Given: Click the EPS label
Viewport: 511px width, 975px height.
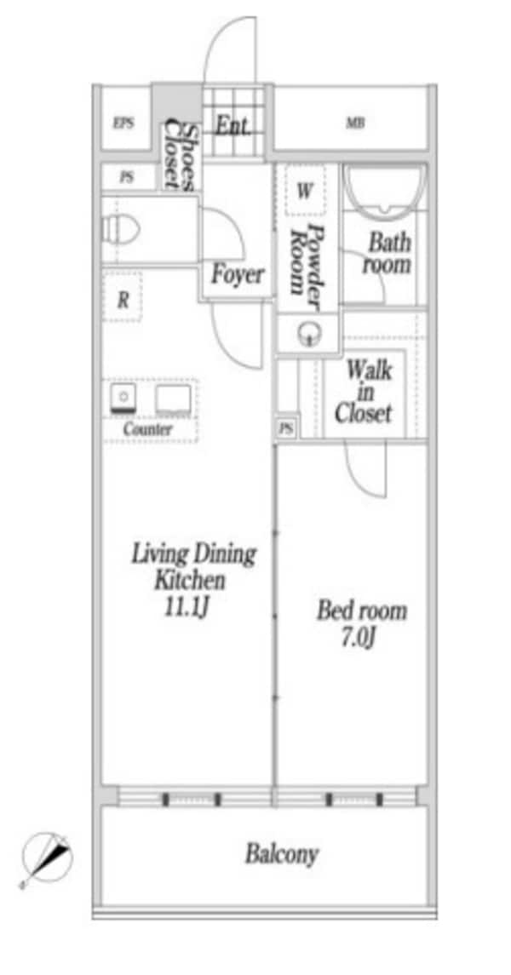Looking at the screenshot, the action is (x=123, y=123).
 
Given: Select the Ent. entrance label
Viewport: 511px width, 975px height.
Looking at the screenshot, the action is (x=233, y=127).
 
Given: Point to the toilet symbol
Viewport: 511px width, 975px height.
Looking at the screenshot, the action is (x=121, y=229).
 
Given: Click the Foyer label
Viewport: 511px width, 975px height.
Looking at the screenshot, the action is (x=238, y=274).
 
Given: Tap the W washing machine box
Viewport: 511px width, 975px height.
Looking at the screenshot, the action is (x=305, y=190).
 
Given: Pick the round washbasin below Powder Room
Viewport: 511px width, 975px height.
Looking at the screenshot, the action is (x=307, y=335).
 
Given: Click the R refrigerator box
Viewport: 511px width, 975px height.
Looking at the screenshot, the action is (x=123, y=300).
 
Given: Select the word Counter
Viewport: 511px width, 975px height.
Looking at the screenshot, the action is (x=147, y=428).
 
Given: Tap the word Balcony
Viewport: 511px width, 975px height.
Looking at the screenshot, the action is (x=282, y=854).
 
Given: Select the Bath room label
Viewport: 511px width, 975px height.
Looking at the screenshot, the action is (x=388, y=254).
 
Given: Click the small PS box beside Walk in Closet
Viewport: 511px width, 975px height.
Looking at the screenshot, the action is (x=286, y=428).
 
